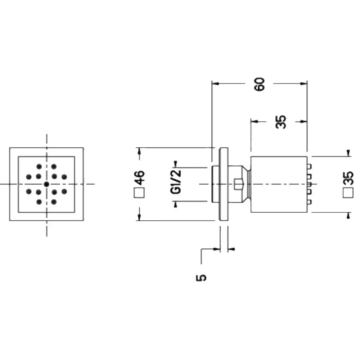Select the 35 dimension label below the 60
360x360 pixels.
point(281,122)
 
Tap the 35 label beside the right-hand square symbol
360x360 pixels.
point(348,178)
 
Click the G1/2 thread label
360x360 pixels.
point(176,182)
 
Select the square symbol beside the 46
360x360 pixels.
point(139,193)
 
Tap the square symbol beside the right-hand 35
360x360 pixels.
point(348,193)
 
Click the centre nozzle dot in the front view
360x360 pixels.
point(46,184)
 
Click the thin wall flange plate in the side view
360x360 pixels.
point(224,184)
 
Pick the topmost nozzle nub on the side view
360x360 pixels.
point(309,167)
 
